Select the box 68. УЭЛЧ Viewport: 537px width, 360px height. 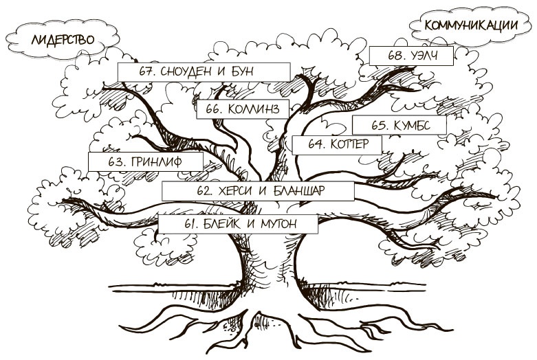pyautogui.click(x=411, y=56)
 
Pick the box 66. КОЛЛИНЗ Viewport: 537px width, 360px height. pyautogui.click(x=243, y=109)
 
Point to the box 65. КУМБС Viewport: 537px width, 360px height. pyautogui.click(x=399, y=125)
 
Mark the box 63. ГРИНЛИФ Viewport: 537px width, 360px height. pyautogui.click(x=146, y=162)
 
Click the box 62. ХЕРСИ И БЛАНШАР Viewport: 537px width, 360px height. pyautogui.click(x=257, y=190)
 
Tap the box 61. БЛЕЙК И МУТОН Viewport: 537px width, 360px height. pyautogui.click(x=238, y=224)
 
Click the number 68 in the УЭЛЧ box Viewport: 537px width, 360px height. pyautogui.click(x=395, y=56)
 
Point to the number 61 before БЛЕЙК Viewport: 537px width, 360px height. pyautogui.click(x=191, y=224)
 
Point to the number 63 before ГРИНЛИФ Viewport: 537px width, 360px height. pyautogui.click(x=117, y=162)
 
